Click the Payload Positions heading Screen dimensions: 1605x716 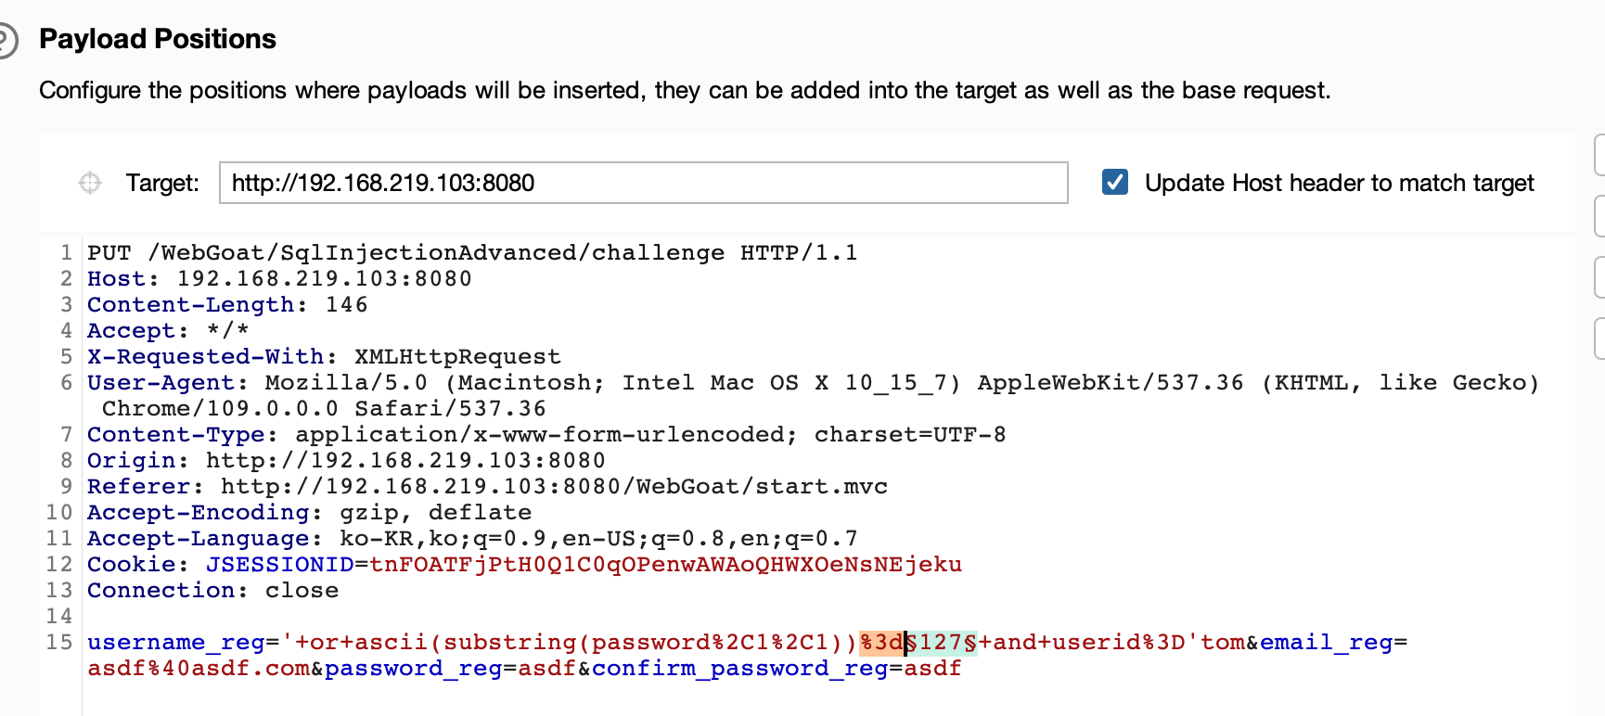[x=158, y=39]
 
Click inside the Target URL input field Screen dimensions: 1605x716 [x=642, y=183]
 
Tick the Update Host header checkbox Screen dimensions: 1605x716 [x=1115, y=182]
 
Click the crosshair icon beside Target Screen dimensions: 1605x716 [x=90, y=183]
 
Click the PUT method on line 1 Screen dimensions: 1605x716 [x=109, y=253]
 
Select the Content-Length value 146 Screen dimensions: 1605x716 [x=346, y=305]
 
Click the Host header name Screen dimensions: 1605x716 [x=117, y=279]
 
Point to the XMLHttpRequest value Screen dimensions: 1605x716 [x=457, y=357]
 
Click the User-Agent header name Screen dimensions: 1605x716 [x=161, y=383]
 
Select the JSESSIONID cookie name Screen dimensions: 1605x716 [x=279, y=565]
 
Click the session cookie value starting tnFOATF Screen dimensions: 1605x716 [x=665, y=565]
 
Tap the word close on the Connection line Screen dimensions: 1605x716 [x=302, y=591]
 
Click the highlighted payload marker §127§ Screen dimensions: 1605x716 [x=941, y=643]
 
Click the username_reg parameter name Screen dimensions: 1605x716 [x=175, y=643]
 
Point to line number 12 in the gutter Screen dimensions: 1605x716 [x=59, y=565]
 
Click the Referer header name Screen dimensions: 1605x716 [x=138, y=487]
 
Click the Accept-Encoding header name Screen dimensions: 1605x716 [x=198, y=513]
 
